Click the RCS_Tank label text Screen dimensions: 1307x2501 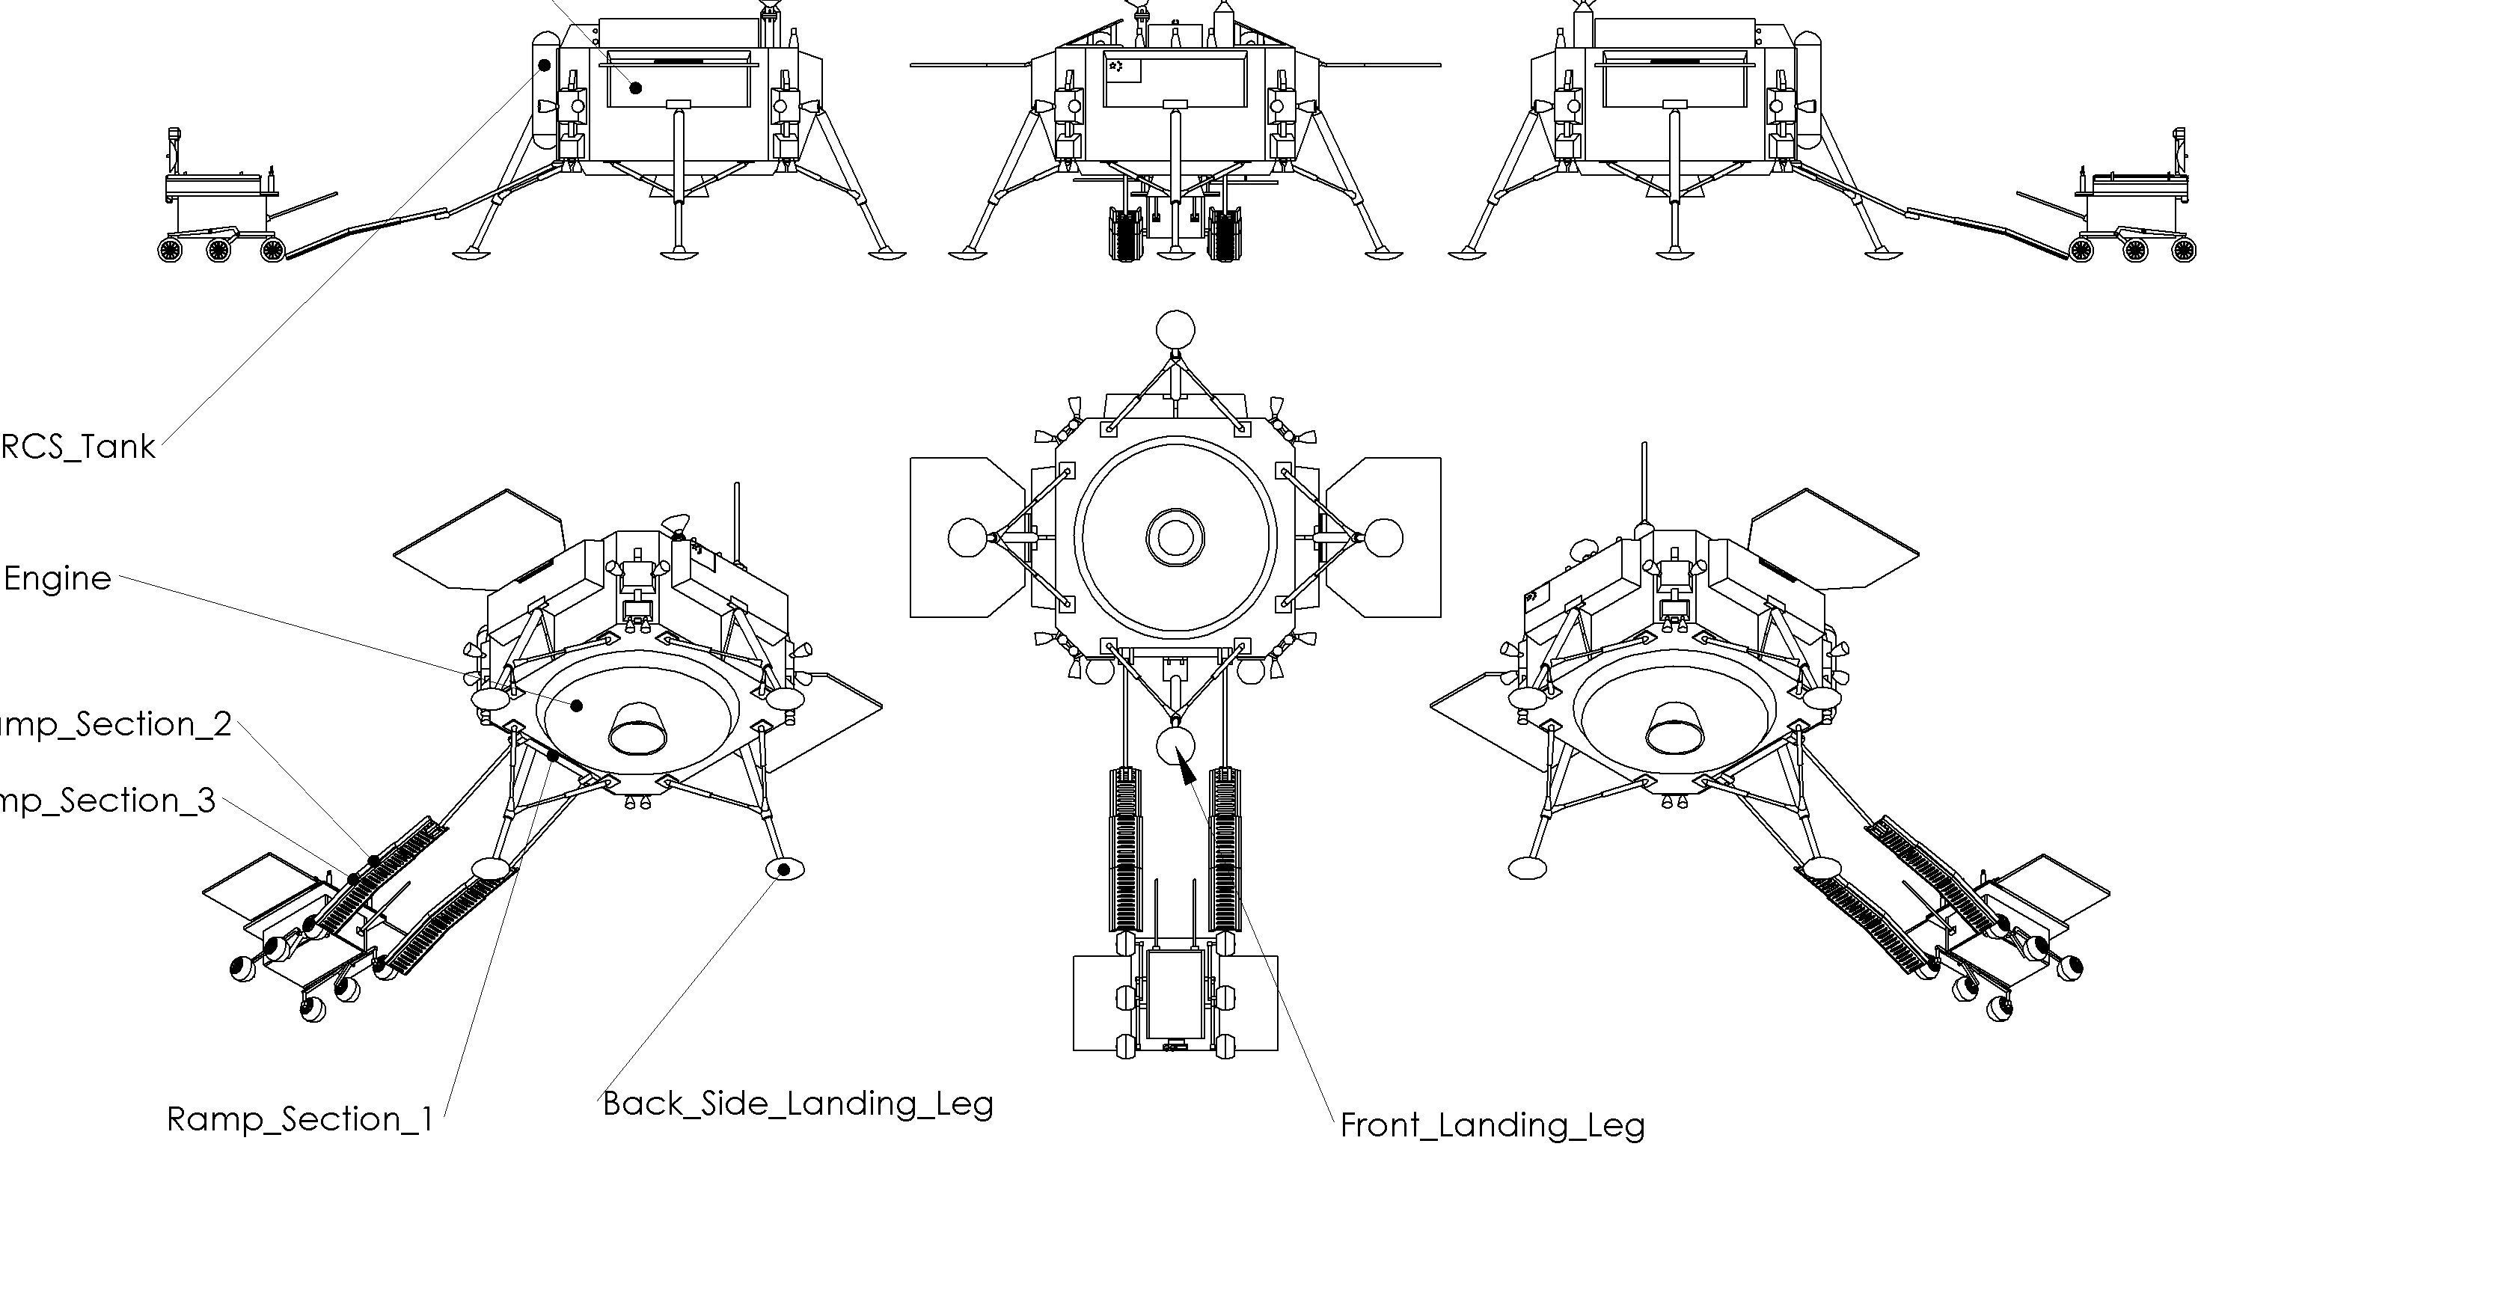78,447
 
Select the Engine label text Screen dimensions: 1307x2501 58,580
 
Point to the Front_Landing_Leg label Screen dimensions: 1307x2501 1493,1125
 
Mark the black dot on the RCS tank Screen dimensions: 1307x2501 545,65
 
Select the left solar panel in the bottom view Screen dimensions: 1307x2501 965,537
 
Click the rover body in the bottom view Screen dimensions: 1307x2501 1175,995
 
